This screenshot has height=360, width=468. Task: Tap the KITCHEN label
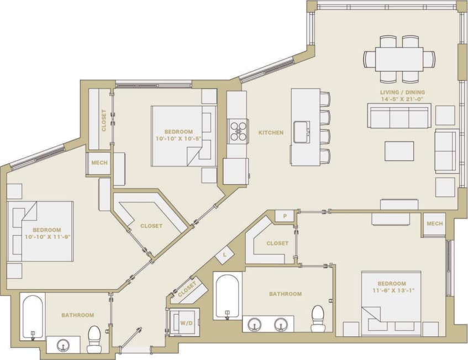pyautogui.click(x=271, y=133)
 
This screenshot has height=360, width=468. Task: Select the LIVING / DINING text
pyautogui.click(x=402, y=92)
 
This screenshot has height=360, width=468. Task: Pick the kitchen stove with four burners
pyautogui.click(x=238, y=131)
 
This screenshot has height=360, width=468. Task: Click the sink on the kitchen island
pyautogui.click(x=302, y=132)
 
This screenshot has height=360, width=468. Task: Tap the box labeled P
pyautogui.click(x=285, y=216)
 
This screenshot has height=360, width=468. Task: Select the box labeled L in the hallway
pyautogui.click(x=224, y=254)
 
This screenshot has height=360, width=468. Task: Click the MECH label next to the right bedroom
pyautogui.click(x=434, y=224)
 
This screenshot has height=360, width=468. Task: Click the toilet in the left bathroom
pyautogui.click(x=94, y=338)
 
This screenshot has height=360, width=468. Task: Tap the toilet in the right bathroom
pyautogui.click(x=318, y=319)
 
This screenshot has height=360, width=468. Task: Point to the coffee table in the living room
pyautogui.click(x=399, y=151)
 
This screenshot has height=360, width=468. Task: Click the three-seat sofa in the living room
pyautogui.click(x=399, y=116)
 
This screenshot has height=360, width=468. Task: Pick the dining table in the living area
pyautogui.click(x=399, y=59)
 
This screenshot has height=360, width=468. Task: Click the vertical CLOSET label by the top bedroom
pyautogui.click(x=103, y=120)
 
